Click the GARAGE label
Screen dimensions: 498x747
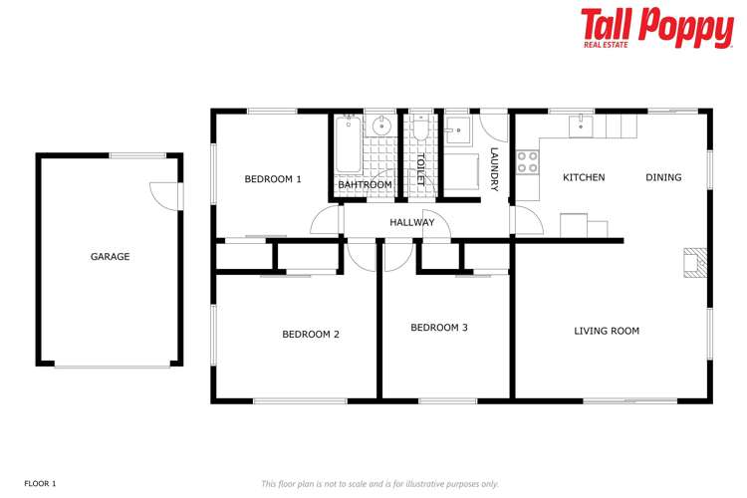click(x=111, y=257)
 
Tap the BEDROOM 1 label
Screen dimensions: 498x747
click(x=272, y=179)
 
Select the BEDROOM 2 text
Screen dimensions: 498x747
click(x=311, y=335)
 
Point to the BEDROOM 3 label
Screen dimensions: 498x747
click(x=439, y=327)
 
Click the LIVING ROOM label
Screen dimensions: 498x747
click(x=607, y=331)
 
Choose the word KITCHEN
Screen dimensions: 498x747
click(x=584, y=177)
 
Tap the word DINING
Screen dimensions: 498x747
click(x=663, y=177)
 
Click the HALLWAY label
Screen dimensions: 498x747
click(x=411, y=222)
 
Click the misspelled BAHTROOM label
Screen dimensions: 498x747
click(x=365, y=185)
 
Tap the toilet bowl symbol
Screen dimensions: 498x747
click(x=420, y=131)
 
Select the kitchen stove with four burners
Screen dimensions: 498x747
click(x=527, y=162)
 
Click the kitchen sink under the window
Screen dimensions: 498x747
click(x=580, y=125)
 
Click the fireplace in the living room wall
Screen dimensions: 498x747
click(x=693, y=261)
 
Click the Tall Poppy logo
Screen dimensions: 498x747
click(x=657, y=27)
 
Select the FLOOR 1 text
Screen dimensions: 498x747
click(x=41, y=483)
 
